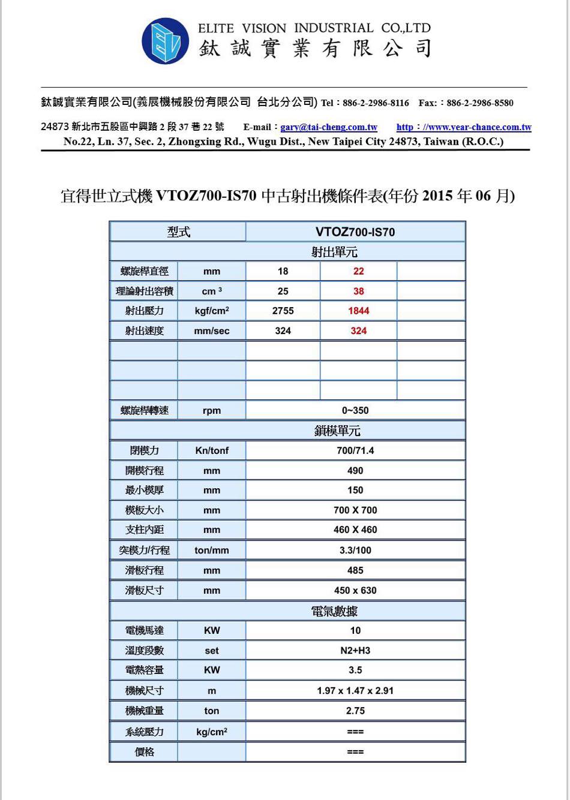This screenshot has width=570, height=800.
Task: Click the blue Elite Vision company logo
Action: click(x=165, y=41)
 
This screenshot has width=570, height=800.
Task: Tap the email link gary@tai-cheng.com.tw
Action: click(x=329, y=127)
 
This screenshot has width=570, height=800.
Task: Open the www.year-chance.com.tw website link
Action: click(x=464, y=127)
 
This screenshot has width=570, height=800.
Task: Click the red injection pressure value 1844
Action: click(x=358, y=311)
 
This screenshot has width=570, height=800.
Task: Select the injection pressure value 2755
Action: click(x=283, y=311)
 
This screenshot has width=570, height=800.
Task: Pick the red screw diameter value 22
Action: click(x=358, y=271)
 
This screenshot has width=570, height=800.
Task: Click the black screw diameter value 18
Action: click(x=283, y=271)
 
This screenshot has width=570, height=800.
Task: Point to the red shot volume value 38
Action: click(x=358, y=291)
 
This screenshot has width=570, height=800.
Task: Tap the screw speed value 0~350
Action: click(x=355, y=410)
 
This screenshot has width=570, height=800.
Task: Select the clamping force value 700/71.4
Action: click(x=355, y=450)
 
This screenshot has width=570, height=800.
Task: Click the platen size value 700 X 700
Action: click(x=355, y=510)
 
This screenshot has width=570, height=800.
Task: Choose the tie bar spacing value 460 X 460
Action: click(x=355, y=530)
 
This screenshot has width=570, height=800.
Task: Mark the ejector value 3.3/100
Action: click(x=355, y=550)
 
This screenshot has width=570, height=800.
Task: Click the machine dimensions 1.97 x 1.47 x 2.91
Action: click(x=355, y=690)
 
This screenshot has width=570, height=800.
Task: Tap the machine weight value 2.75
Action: click(x=355, y=711)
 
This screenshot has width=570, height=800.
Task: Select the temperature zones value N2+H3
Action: click(x=355, y=651)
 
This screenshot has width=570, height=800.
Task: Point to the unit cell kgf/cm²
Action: click(x=212, y=311)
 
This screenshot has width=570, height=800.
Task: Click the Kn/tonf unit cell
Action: click(x=212, y=450)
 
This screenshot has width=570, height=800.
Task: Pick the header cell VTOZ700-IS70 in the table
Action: click(x=355, y=232)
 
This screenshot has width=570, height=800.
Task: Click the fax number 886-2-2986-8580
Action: click(x=480, y=103)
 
